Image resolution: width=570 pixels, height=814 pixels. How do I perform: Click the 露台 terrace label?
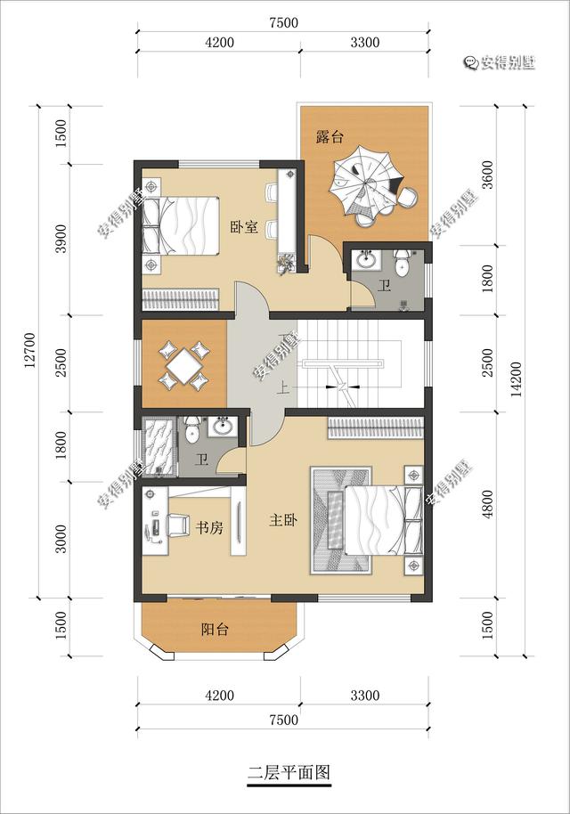[330, 137]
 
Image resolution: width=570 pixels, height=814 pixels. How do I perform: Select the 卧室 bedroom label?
[244, 227]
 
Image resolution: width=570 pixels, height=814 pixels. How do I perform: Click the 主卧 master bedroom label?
[283, 519]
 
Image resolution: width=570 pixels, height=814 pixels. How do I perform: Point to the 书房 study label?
[209, 528]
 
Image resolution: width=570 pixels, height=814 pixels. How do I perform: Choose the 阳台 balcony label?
[215, 630]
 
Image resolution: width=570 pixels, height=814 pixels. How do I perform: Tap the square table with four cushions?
[184, 365]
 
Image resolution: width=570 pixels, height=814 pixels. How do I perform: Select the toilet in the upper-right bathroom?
[403, 264]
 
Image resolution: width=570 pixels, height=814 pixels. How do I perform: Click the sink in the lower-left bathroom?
[224, 427]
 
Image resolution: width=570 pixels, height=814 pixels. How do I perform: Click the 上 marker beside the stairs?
[282, 389]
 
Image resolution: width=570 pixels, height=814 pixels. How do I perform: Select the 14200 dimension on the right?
[516, 380]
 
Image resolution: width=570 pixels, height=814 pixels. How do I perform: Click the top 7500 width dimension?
[283, 23]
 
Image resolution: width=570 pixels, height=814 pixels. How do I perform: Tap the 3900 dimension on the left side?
[61, 239]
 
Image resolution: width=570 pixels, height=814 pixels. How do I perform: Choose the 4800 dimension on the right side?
[487, 504]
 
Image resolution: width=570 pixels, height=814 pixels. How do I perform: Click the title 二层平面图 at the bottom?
[289, 773]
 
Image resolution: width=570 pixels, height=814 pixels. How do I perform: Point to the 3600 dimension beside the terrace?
[487, 175]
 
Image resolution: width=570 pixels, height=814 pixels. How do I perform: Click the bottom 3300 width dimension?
[365, 696]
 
